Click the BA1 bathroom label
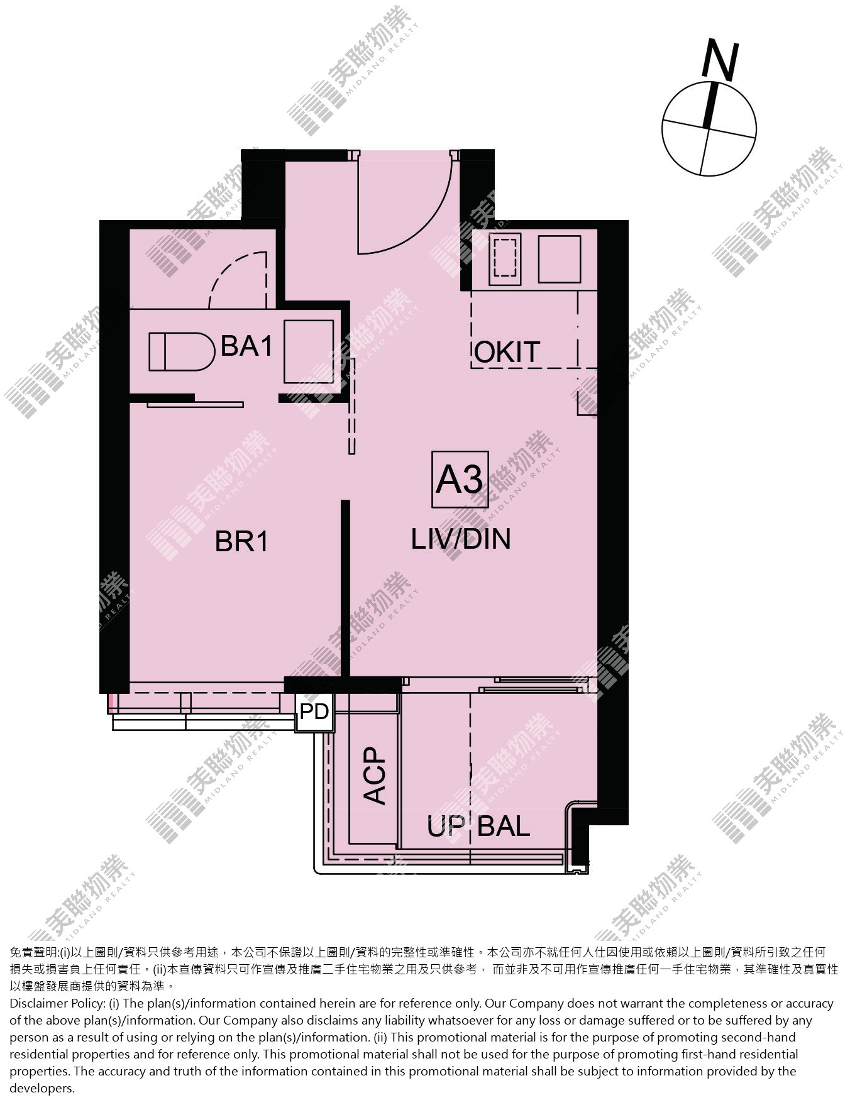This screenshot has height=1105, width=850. [x=246, y=346]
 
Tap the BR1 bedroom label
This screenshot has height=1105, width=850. [x=242, y=541]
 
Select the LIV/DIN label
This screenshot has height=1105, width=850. [x=461, y=539]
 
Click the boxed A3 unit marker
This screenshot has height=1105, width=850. [x=460, y=480]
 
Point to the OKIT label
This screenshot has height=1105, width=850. [x=507, y=352]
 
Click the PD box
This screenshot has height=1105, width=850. [x=314, y=712]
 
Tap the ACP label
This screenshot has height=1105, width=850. [x=375, y=775]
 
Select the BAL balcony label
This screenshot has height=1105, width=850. [x=504, y=826]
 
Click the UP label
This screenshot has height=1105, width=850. [x=446, y=827]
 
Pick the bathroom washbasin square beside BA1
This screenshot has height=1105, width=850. [x=308, y=351]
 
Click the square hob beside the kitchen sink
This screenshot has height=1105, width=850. [x=559, y=258]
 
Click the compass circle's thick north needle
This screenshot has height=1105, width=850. [x=710, y=105]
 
